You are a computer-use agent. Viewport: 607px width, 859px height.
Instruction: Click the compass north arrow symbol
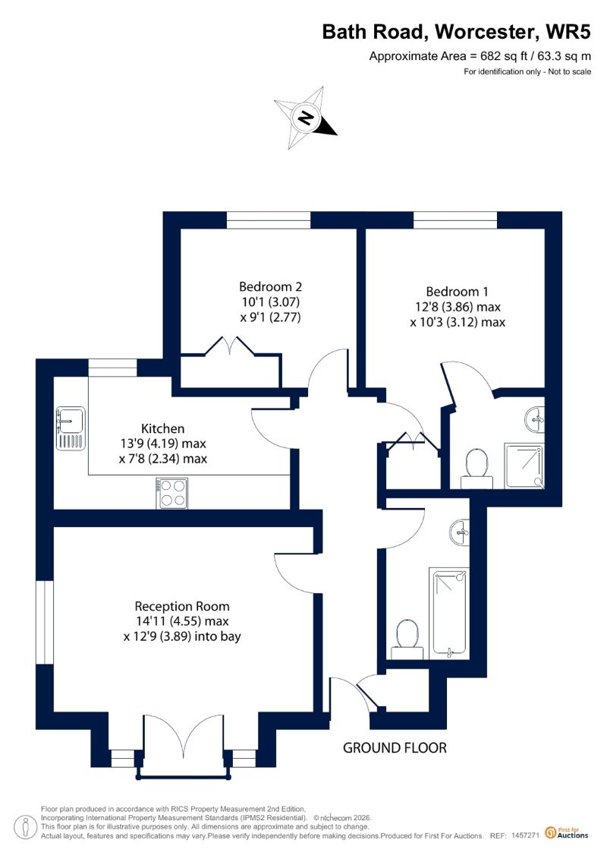306,118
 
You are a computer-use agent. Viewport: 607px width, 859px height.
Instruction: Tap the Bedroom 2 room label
270,286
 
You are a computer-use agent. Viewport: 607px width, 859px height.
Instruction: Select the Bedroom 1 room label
457,292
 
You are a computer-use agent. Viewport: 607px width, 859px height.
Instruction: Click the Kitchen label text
162,428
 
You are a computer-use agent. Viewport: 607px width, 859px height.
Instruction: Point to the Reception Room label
181,606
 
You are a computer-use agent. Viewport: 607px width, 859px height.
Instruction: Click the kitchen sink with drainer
71,428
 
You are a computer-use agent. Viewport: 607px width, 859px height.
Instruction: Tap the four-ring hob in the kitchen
172,493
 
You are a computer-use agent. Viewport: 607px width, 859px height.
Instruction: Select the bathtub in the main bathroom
449,612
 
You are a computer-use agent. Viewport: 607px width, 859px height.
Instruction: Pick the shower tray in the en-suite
524,466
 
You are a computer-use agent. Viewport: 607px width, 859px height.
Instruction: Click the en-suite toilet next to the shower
476,469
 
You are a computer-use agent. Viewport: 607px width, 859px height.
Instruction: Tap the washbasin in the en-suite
535,419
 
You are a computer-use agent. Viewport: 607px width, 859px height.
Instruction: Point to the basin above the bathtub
460,532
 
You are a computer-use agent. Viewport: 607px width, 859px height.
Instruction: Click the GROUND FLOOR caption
395,748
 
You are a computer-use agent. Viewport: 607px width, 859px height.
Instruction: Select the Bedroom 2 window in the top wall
269,220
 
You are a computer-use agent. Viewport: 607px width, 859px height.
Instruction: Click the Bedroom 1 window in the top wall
455,220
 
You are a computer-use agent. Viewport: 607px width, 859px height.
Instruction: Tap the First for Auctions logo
567,832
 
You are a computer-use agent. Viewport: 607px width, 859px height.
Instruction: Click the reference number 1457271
526,836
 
